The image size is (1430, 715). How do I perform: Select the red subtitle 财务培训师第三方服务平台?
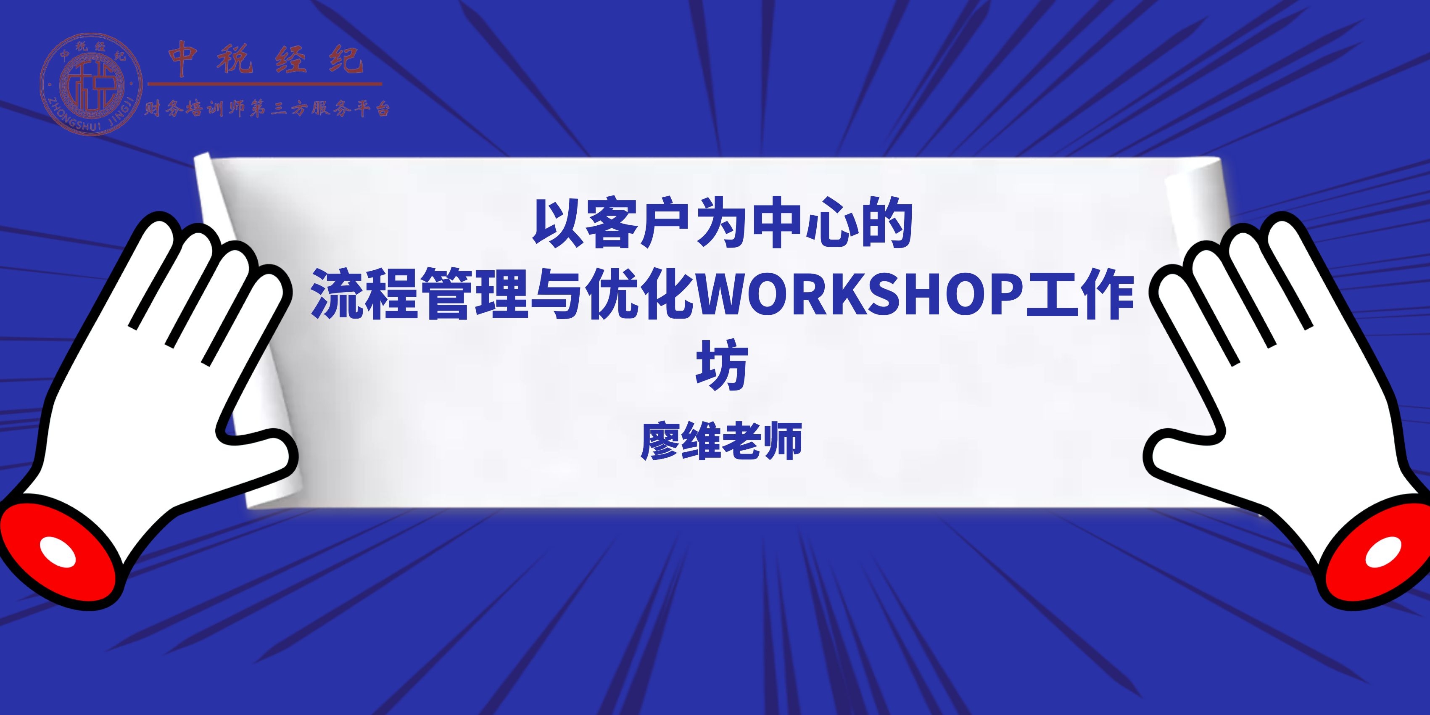coord(267,108)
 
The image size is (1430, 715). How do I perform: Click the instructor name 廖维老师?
coord(721,441)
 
